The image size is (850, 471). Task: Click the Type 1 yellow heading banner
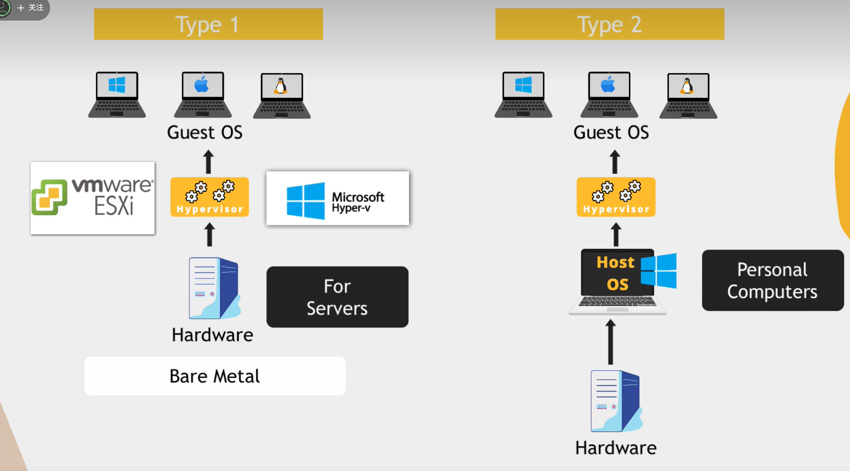[x=208, y=24]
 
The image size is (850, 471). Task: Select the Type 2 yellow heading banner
[x=609, y=24]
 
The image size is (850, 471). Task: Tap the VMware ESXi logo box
[x=92, y=198]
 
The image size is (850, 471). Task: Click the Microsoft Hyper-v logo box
[x=337, y=198]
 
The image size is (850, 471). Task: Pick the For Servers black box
[x=337, y=297]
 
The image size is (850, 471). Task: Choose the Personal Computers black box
[x=772, y=280]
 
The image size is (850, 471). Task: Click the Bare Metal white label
[x=215, y=376]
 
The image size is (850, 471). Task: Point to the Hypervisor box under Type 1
[x=210, y=197]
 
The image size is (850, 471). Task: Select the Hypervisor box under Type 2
[x=616, y=197]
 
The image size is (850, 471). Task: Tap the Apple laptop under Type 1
[x=203, y=94]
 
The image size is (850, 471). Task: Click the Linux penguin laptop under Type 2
[x=688, y=95]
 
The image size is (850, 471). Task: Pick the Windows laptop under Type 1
[x=117, y=94]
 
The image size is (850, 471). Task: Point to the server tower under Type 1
[x=214, y=288]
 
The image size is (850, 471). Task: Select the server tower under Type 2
[x=616, y=401]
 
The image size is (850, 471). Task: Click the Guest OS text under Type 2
[x=611, y=132]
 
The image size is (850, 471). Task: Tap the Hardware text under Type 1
[x=213, y=335]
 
